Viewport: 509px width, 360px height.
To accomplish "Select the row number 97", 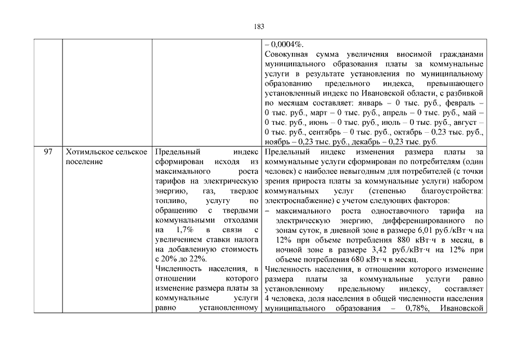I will click(48, 152).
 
